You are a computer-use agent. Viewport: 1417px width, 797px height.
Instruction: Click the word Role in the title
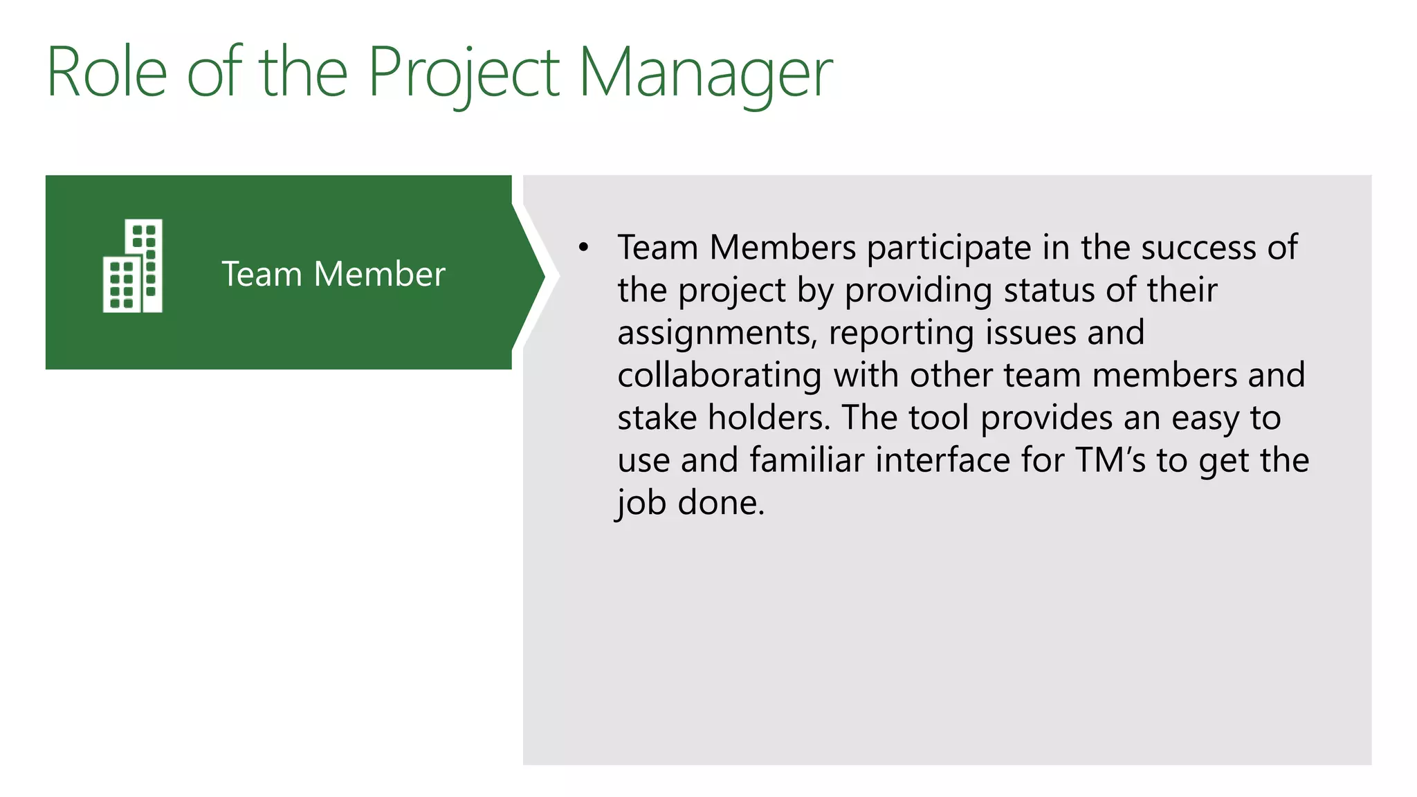[107, 72]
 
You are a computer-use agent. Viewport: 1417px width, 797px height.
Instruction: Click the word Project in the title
[463, 72]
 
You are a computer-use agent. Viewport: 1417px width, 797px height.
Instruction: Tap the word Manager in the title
[705, 72]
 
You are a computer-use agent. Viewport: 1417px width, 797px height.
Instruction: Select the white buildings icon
[133, 266]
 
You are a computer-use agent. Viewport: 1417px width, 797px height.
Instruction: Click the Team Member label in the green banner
[333, 274]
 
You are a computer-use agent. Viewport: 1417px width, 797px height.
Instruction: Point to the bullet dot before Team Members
[584, 247]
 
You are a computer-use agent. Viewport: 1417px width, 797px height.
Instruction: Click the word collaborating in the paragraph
[720, 375]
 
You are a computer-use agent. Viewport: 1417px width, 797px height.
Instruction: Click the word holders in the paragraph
[768, 418]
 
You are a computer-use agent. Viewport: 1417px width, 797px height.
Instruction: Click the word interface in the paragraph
[943, 460]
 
